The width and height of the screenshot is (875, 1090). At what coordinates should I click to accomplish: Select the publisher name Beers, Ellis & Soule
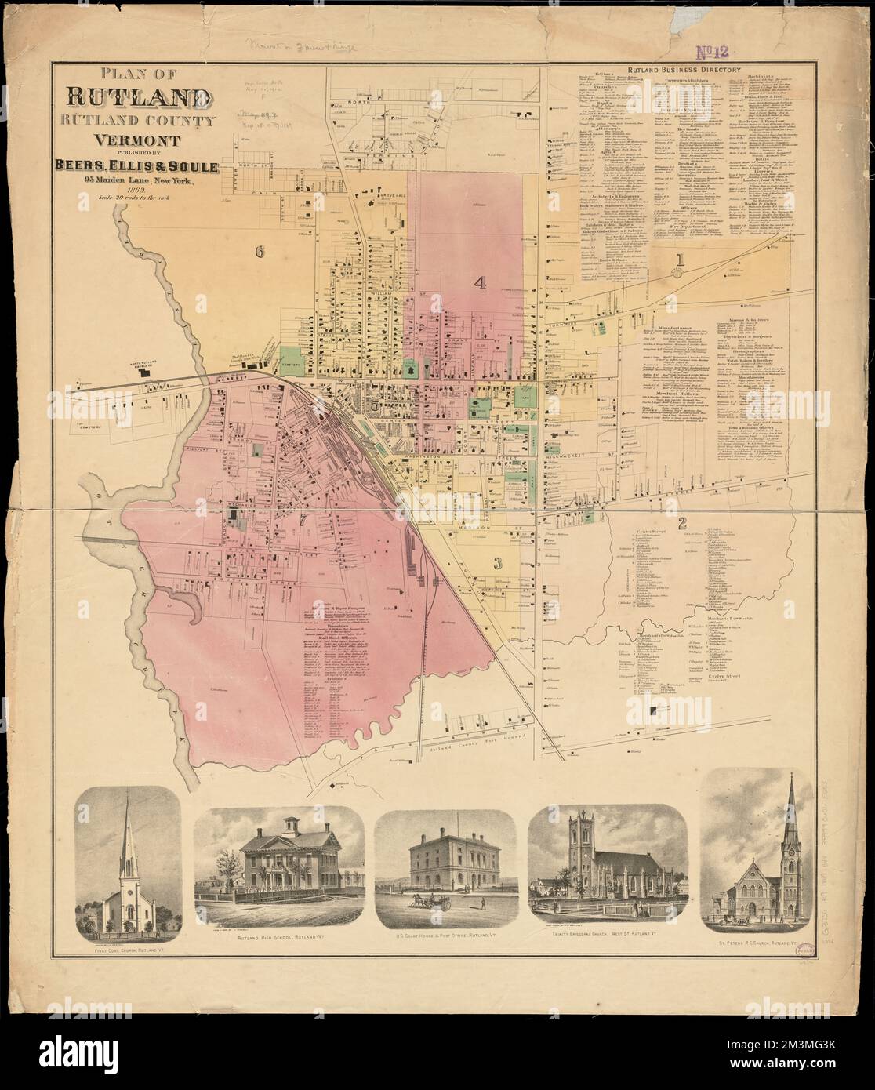[x=136, y=166]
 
